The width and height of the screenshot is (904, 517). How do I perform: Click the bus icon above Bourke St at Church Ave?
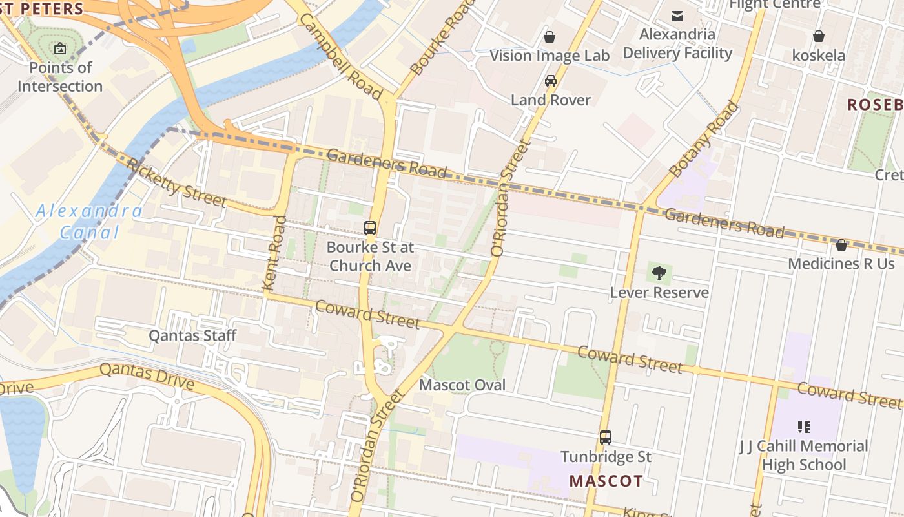[370, 228]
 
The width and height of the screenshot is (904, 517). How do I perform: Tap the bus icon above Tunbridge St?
[606, 438]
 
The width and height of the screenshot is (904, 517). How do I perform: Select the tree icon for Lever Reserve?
[659, 273]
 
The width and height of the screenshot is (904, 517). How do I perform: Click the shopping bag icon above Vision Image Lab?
[550, 37]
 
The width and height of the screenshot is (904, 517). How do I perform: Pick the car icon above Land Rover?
[551, 81]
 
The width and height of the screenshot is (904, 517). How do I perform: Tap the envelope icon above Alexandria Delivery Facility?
[677, 16]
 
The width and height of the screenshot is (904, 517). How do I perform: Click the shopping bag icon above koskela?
[819, 36]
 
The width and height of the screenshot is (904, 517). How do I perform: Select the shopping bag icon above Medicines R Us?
[841, 245]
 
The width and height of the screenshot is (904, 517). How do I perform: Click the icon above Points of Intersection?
[60, 48]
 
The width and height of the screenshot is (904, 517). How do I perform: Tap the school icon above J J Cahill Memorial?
[804, 427]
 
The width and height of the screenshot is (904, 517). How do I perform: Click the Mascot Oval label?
[462, 385]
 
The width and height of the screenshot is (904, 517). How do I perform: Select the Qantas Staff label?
[192, 335]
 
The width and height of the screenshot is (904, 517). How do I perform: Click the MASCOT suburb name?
[606, 481]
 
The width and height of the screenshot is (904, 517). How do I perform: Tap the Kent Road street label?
[274, 252]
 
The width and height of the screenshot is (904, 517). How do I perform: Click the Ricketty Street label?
[176, 183]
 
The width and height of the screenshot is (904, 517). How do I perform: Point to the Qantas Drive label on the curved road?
[147, 377]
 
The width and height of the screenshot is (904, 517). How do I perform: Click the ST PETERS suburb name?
[43, 8]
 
